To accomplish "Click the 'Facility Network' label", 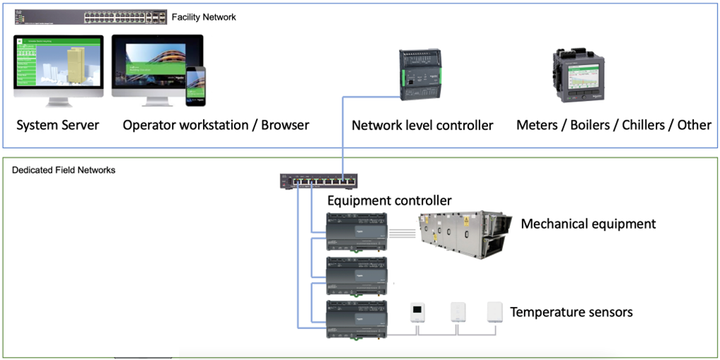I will [204, 16].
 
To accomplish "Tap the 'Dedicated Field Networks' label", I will [64, 170].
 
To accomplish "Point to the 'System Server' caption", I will [58, 125].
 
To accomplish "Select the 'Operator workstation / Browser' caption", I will [216, 125].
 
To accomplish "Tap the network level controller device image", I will [423, 74].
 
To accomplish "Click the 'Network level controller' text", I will [422, 125].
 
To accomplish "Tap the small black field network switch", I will [319, 181].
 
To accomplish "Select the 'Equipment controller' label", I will [389, 201].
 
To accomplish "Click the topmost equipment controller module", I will [356, 231].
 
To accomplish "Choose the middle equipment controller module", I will [356, 275].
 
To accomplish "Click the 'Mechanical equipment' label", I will [588, 224].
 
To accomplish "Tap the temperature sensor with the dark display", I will [418, 310].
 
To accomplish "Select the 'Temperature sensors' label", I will [571, 312].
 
